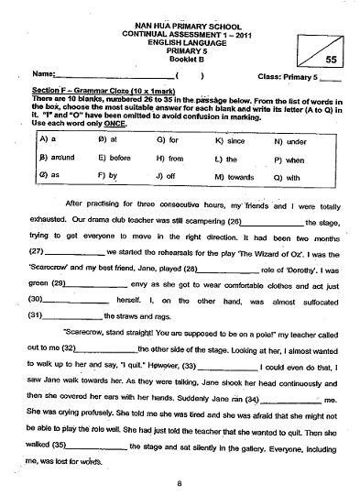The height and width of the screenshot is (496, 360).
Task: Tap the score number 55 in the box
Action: click(x=332, y=58)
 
